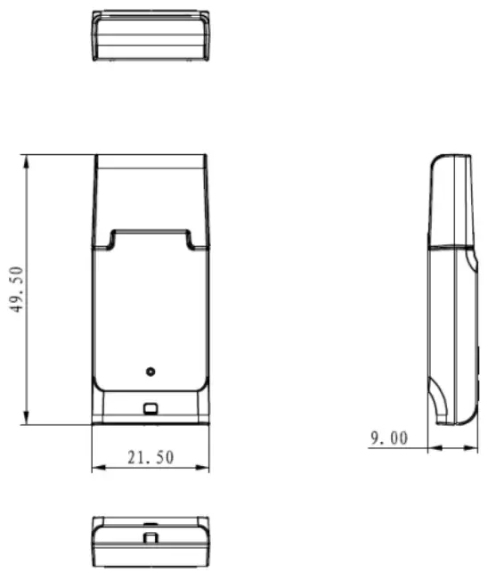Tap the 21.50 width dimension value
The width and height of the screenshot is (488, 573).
(x=150, y=458)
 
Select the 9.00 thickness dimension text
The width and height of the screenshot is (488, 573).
(x=388, y=438)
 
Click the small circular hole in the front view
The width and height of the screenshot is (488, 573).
(x=150, y=371)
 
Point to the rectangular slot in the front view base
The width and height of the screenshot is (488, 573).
(x=150, y=409)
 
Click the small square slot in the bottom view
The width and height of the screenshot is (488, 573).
(x=150, y=537)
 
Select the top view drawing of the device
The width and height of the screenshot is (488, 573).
(x=150, y=36)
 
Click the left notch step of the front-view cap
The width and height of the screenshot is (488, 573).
(x=111, y=238)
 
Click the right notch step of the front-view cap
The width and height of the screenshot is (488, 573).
(x=190, y=238)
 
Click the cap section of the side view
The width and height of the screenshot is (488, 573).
(x=451, y=201)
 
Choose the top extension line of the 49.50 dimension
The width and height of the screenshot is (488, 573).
(x=58, y=155)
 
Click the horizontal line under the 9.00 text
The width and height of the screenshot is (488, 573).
(x=396, y=447)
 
